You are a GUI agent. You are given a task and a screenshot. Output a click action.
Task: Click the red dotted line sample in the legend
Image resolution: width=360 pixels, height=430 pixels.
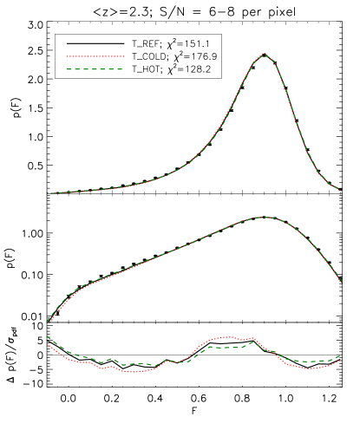95,56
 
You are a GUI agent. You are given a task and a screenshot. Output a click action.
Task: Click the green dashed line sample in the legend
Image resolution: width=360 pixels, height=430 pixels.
95,69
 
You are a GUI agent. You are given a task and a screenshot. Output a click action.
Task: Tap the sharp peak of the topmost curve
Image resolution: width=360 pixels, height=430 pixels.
264,54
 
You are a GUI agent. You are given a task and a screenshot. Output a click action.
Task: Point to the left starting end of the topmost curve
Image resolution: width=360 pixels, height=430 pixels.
50,192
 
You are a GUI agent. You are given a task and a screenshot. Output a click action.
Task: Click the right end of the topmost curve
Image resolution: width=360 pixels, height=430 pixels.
339,188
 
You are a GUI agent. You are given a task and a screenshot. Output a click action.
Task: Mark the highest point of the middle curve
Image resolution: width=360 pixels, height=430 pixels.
264,216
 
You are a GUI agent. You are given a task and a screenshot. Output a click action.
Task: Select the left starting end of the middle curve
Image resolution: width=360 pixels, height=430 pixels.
47,322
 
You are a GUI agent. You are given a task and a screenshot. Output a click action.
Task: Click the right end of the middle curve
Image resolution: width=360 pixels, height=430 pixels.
343,282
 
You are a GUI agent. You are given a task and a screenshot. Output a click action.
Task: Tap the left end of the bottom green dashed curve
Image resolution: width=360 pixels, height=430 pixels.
47,336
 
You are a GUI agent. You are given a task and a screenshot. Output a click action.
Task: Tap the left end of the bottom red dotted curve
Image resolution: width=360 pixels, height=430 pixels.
47,344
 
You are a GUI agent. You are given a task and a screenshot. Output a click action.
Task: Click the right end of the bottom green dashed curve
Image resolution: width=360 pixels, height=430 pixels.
339,356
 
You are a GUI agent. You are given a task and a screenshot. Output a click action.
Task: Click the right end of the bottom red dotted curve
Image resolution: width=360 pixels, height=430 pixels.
339,362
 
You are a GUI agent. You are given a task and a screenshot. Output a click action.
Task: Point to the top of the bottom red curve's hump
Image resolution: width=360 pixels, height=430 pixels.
227,337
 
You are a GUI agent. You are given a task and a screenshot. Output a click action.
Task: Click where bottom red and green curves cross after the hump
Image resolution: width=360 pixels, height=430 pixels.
271,350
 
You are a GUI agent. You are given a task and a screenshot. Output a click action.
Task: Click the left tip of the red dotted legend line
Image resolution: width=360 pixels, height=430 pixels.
68,56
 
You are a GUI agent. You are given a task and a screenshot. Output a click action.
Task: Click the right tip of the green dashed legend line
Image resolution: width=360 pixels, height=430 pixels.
123,69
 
